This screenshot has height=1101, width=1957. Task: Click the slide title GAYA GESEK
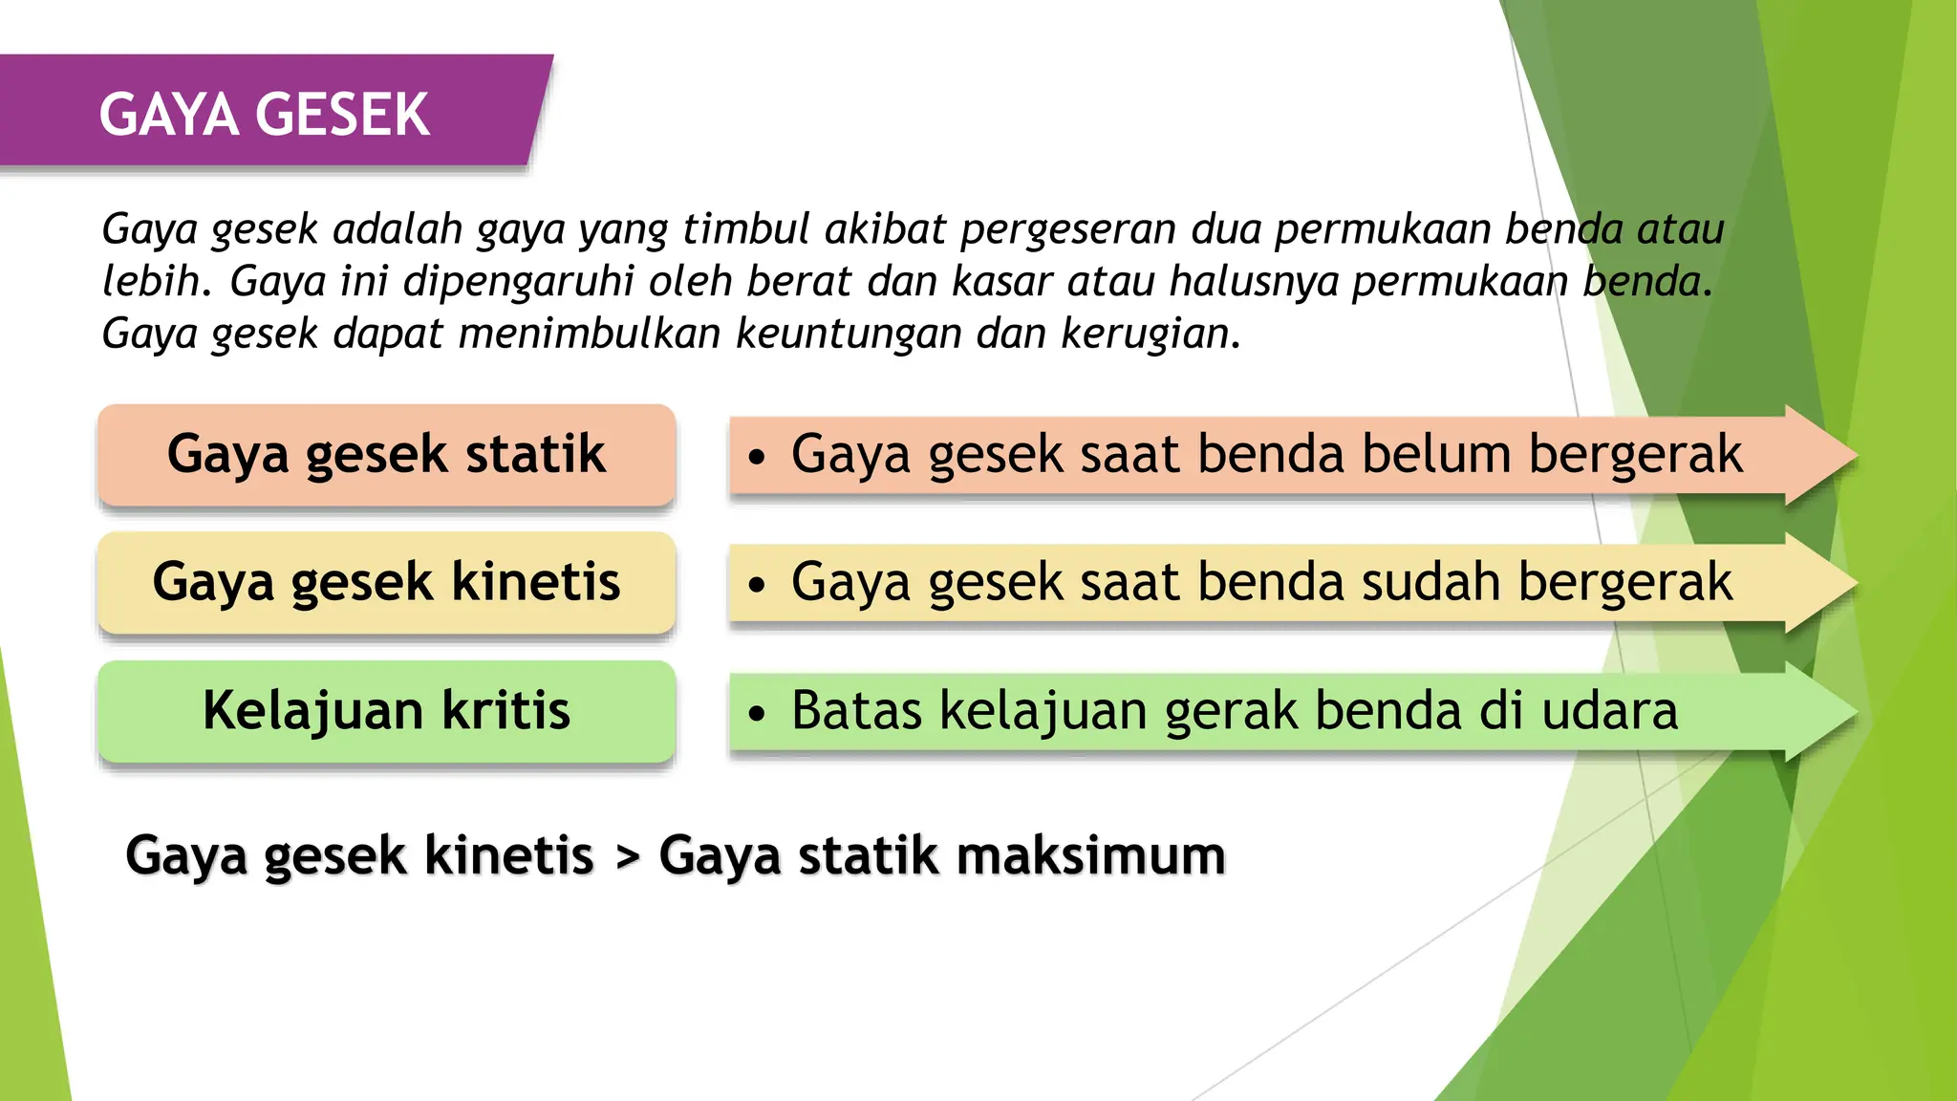click(264, 116)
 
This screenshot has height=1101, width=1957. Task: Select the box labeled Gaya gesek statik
click(386, 454)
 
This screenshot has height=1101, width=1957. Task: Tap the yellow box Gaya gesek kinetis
click(386, 582)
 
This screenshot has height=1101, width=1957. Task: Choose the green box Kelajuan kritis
click(386, 711)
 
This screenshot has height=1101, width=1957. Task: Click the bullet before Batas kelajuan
click(757, 713)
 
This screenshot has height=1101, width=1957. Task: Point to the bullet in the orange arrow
click(757, 457)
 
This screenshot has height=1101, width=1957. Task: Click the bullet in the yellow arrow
click(757, 585)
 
